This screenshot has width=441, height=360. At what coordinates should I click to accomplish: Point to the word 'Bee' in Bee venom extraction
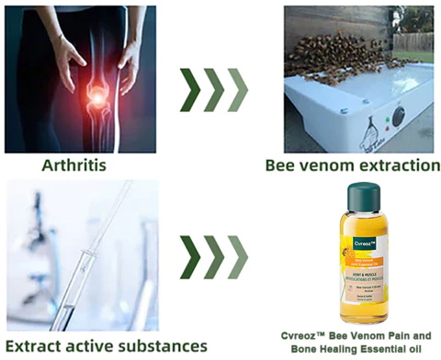[x=281, y=166]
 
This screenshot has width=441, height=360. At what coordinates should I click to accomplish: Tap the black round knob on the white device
[x=398, y=118]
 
